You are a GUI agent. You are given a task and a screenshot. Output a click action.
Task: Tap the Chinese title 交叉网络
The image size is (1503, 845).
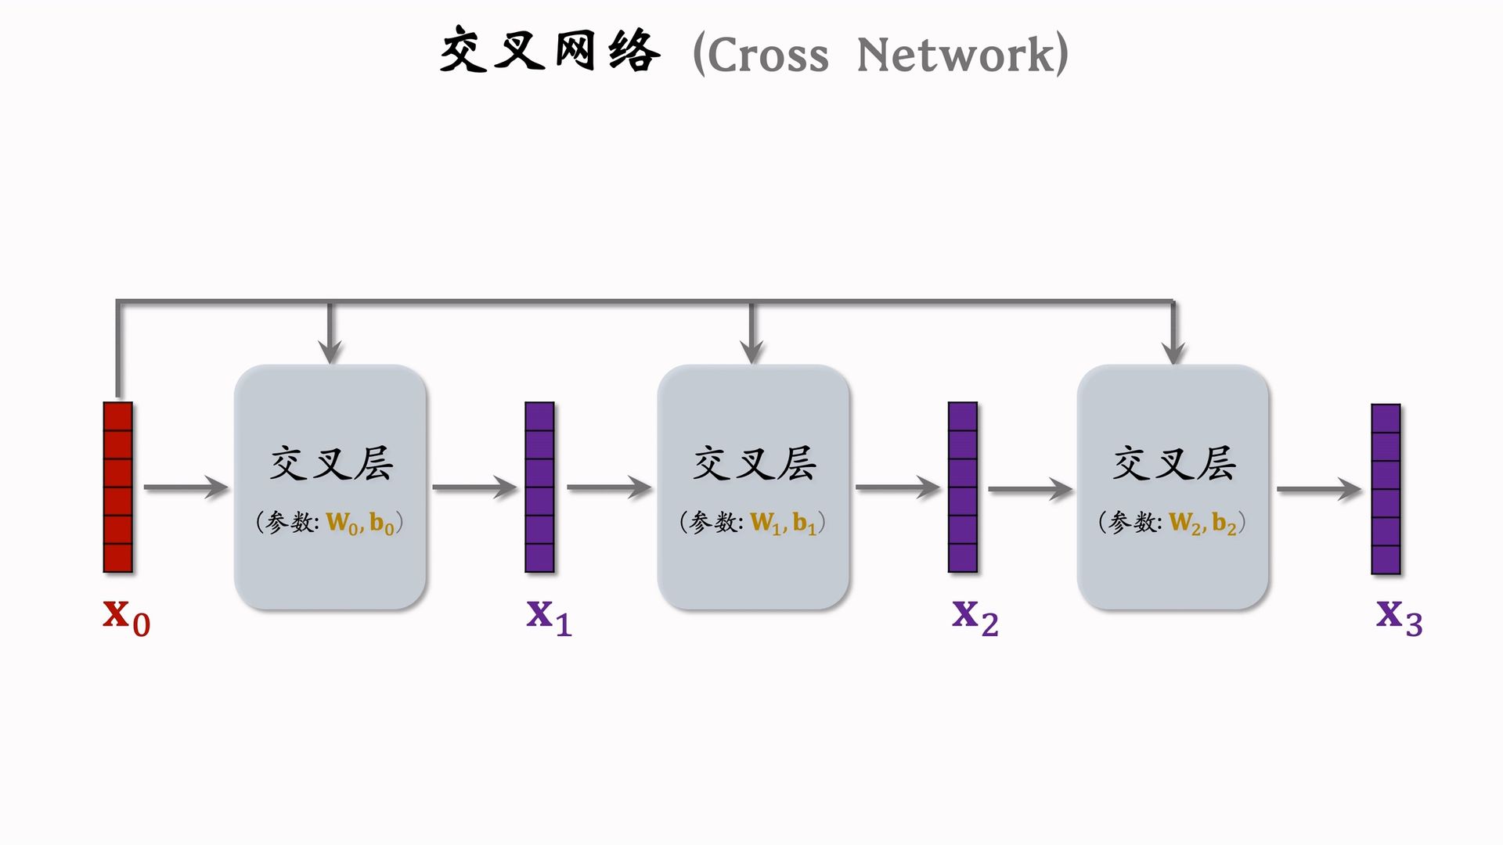550,51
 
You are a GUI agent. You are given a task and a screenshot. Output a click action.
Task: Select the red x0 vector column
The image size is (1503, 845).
118,487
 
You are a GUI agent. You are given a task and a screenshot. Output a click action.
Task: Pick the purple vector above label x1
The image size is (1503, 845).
539,487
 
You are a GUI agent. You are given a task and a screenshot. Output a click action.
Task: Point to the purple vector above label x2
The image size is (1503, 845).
962,487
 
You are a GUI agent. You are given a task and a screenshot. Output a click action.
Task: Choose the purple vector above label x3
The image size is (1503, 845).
1386,489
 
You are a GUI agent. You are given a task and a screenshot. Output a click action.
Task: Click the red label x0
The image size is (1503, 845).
126,617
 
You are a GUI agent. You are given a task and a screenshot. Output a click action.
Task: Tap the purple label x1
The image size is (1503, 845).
549,617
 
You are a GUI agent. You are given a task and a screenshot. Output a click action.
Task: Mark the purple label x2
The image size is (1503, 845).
975,617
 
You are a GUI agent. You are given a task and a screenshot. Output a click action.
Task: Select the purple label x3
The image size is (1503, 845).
1399,617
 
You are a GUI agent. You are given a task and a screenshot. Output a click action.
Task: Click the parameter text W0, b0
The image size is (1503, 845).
360,523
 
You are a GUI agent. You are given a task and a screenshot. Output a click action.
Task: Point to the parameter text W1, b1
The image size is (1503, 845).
783,523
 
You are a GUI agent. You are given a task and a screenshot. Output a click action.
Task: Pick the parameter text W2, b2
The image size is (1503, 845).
1202,523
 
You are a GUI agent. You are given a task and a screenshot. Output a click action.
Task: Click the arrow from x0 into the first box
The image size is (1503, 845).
186,487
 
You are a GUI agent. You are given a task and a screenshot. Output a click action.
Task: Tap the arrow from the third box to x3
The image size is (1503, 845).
1319,490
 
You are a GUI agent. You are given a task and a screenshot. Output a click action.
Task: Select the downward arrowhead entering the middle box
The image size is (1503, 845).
751,352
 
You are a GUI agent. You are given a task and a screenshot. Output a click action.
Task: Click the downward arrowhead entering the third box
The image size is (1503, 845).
1173,352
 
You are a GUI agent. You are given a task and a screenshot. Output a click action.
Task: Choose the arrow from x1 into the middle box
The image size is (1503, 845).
609,487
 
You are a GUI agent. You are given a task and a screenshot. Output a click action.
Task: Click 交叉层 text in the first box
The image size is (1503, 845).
331,463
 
